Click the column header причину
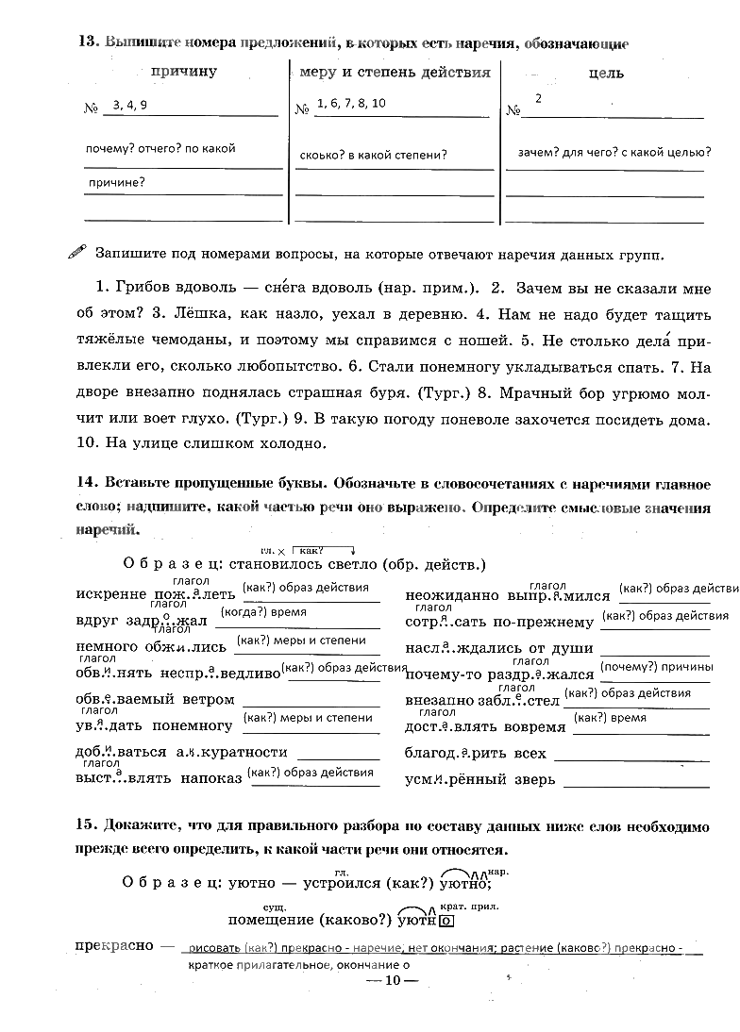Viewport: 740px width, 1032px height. coord(183,72)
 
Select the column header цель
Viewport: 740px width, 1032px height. coord(605,73)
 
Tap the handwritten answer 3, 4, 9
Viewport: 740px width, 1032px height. coord(129,106)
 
